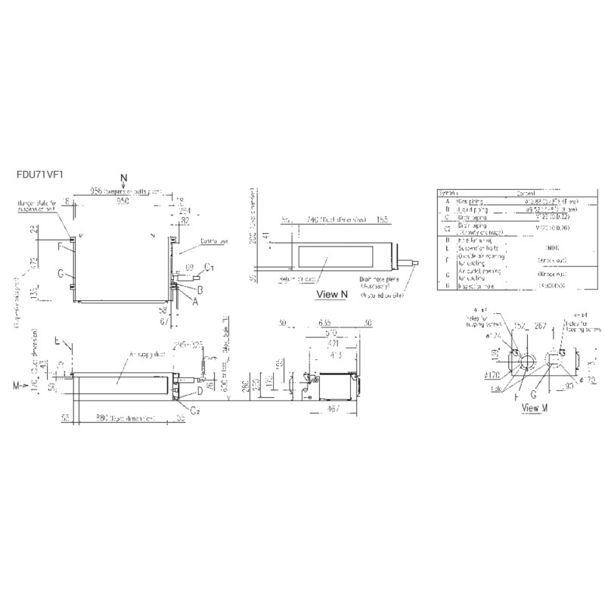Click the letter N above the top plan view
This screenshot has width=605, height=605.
[124, 176]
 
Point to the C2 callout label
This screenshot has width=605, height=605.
[194, 411]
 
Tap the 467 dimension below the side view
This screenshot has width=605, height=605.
[334, 409]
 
